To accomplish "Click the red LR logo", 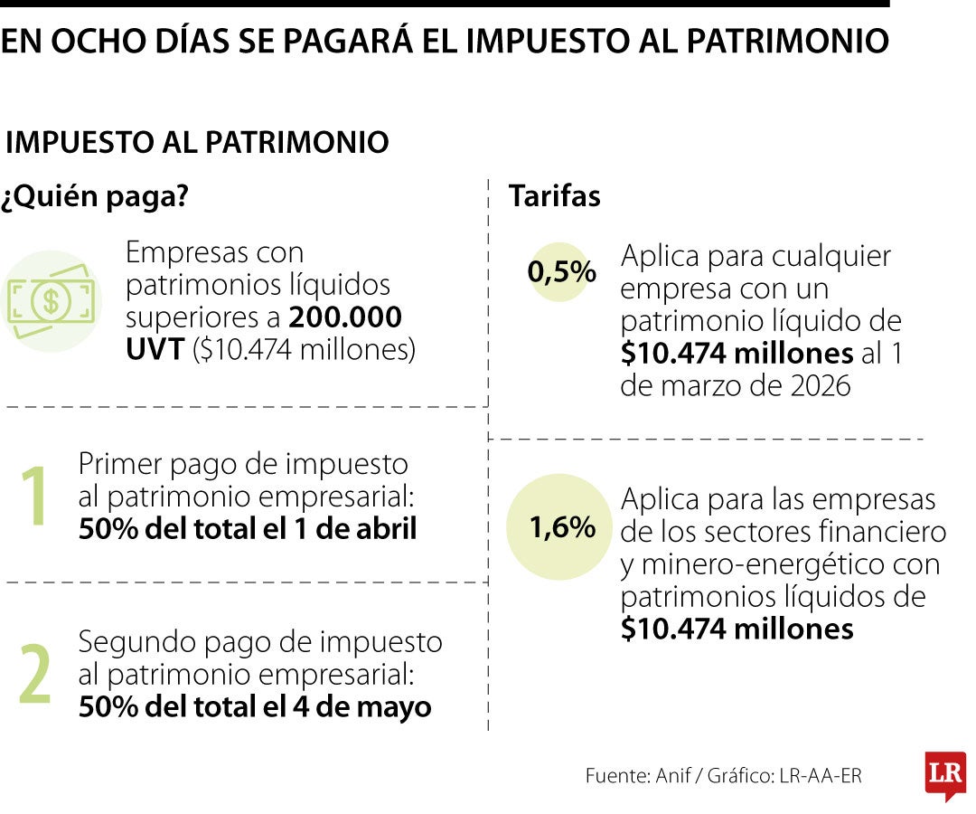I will tap(945, 774).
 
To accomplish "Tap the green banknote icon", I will tap(51, 300).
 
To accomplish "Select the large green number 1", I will tap(34, 497).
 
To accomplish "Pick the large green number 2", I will tap(35, 674).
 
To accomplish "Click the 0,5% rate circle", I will tap(561, 271).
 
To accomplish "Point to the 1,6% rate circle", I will tap(561, 527).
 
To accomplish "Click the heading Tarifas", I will tap(554, 196).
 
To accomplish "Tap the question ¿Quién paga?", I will tap(94, 196).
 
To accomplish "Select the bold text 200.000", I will tap(345, 317).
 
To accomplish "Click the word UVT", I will tap(155, 349).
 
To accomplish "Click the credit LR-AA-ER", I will tap(820, 775).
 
